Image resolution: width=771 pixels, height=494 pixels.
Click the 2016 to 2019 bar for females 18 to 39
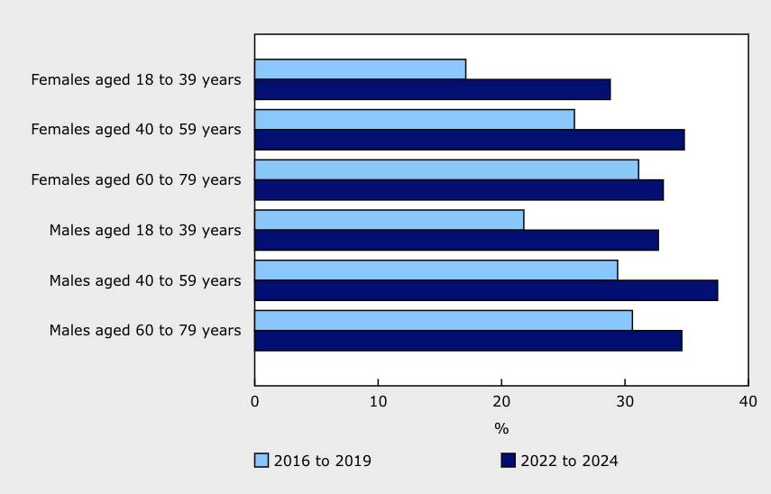click(x=360, y=69)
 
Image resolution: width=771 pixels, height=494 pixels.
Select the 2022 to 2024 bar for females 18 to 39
click(x=432, y=89)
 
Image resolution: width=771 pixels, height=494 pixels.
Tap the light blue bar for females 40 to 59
click(x=414, y=119)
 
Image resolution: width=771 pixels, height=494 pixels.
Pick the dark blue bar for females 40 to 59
click(x=469, y=140)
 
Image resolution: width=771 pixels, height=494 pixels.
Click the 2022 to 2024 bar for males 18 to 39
click(x=456, y=240)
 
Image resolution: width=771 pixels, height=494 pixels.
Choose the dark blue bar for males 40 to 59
click(x=486, y=290)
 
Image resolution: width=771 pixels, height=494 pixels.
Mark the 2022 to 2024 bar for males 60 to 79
click(x=468, y=340)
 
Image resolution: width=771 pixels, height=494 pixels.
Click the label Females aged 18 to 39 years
click(x=136, y=79)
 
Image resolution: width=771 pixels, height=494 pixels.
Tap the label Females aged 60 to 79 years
click(x=136, y=179)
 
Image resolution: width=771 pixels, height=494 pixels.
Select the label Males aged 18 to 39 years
click(x=145, y=230)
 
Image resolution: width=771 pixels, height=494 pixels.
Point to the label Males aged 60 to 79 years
click(x=145, y=330)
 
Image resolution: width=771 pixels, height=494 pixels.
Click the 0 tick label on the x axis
click(x=255, y=400)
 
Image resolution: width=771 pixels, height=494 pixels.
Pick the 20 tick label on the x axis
click(x=501, y=400)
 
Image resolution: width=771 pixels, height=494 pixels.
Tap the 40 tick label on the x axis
click(x=748, y=400)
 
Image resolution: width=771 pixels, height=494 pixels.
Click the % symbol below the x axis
click(x=501, y=428)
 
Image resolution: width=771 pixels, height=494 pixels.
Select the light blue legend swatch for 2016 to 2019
click(x=262, y=461)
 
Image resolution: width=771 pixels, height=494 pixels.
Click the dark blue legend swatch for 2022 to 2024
click(x=508, y=461)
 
